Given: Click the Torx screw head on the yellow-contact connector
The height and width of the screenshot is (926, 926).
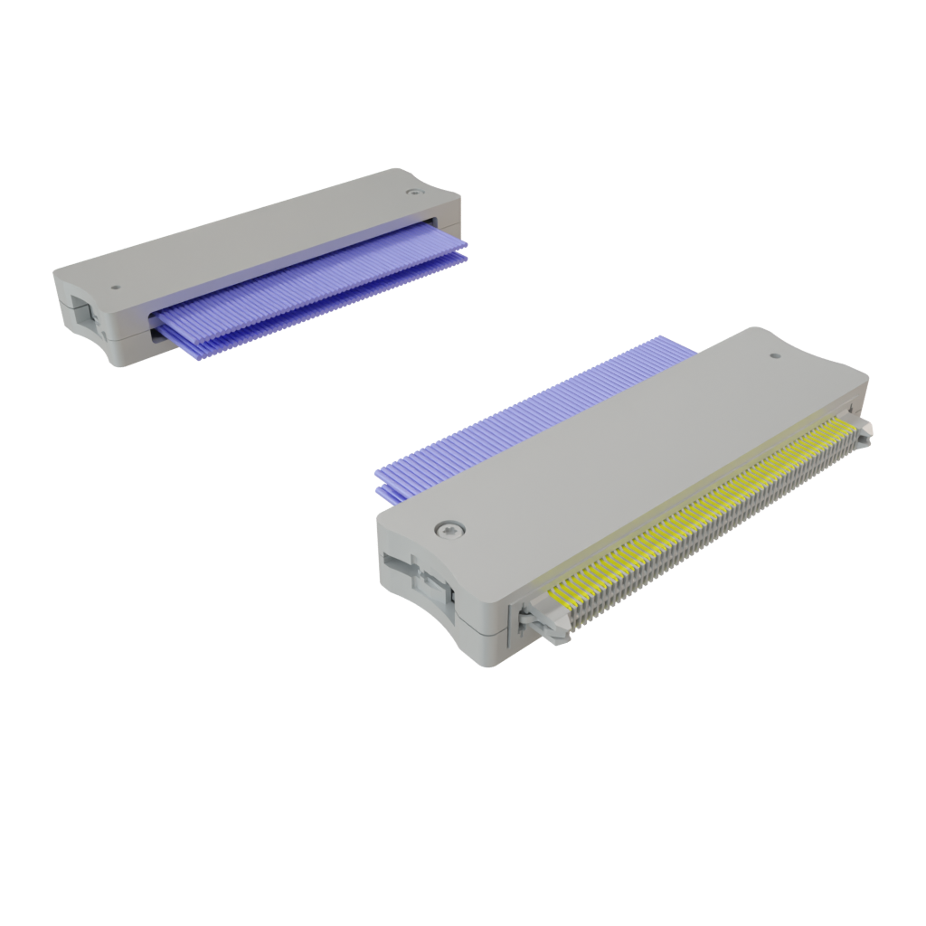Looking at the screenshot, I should click(449, 529).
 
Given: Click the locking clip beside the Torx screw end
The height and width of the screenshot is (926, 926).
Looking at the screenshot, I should click(548, 623).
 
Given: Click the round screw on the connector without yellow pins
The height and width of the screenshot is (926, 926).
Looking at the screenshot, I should click(413, 192).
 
